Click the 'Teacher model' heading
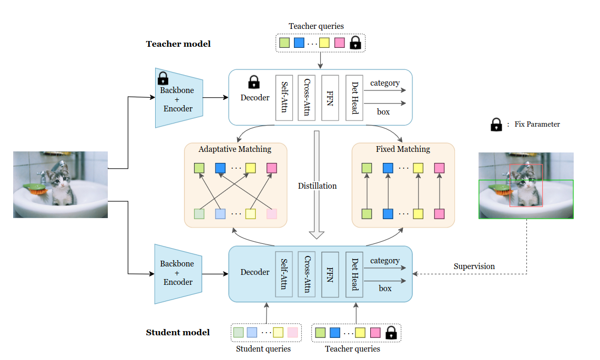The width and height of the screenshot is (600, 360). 178,44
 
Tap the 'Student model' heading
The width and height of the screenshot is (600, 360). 178,332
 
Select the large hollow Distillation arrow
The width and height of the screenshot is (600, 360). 317,184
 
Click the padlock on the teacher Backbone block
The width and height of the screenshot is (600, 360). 163,79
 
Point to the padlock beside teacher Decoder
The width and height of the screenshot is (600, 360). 254,82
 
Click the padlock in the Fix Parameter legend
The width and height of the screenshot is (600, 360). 495,125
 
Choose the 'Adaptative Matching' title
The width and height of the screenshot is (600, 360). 235,149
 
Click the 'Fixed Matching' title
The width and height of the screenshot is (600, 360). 403,149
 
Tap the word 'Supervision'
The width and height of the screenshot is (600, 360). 474,266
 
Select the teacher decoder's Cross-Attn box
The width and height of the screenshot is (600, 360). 307,98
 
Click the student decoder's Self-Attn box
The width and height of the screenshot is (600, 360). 284,274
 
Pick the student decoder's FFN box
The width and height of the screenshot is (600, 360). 330,274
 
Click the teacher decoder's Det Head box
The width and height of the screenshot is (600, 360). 354,98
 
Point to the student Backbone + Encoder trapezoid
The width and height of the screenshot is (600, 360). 177,273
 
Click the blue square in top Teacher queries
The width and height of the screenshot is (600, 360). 299,43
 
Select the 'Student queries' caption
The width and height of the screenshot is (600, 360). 263,349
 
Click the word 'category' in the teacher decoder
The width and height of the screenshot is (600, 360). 385,83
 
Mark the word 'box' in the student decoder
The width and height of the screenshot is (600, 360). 385,289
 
